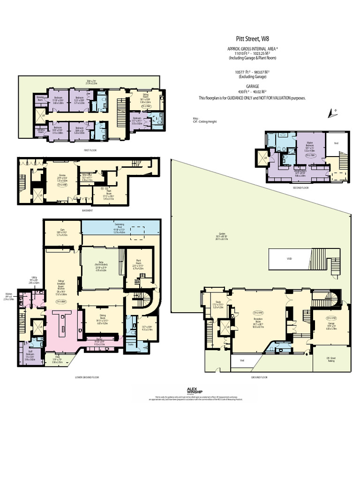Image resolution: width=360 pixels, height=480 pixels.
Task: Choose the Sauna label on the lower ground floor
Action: tap(131, 344)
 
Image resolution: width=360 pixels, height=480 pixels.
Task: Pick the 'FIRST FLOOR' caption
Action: tap(90, 150)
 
